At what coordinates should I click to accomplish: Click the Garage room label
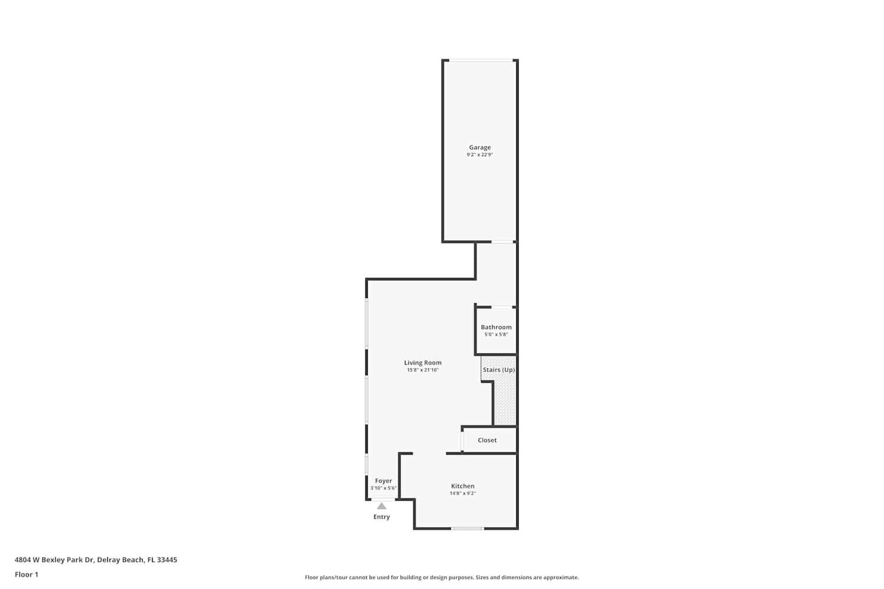coord(480,147)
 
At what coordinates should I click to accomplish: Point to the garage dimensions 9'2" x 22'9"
coord(480,155)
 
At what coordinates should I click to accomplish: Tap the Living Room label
coord(423,363)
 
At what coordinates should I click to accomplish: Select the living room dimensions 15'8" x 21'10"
coord(423,370)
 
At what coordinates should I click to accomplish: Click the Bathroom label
coord(496,327)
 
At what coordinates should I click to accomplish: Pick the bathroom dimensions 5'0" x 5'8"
coord(496,335)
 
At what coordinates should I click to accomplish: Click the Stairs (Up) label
coord(499,370)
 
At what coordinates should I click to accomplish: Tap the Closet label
coord(487,440)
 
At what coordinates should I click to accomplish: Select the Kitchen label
coord(463,486)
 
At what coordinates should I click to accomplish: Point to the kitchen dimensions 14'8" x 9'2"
coord(463,494)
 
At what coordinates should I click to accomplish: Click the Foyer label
coord(383,481)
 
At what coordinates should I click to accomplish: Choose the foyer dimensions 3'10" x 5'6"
coord(383,488)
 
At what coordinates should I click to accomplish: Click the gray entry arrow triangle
coord(382,506)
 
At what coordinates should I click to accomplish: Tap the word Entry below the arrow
coord(382,517)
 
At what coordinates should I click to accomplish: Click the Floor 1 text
coord(27,574)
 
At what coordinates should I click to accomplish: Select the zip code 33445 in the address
coord(167,560)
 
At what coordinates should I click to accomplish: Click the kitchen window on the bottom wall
coord(468,529)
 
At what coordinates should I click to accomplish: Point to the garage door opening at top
coord(481,60)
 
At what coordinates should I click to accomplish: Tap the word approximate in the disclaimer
coord(561,577)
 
